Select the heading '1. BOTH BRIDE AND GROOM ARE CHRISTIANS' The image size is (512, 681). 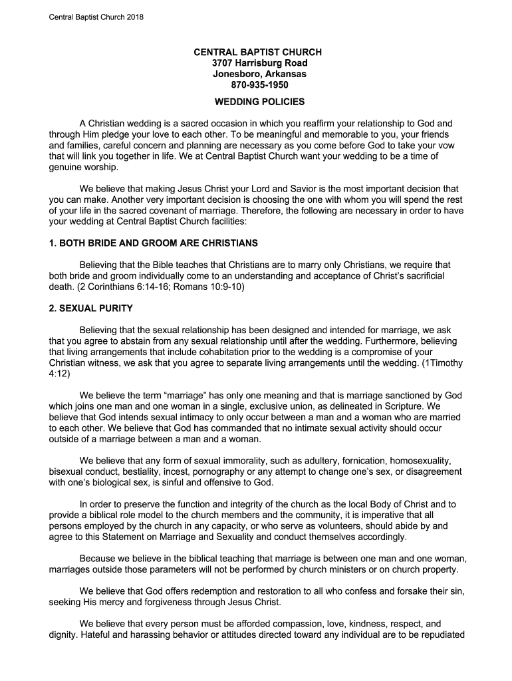[x=154, y=243]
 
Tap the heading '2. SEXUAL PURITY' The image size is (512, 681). [x=91, y=309]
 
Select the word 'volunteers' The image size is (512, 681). [x=325, y=525]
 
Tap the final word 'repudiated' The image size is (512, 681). [x=435, y=635]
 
